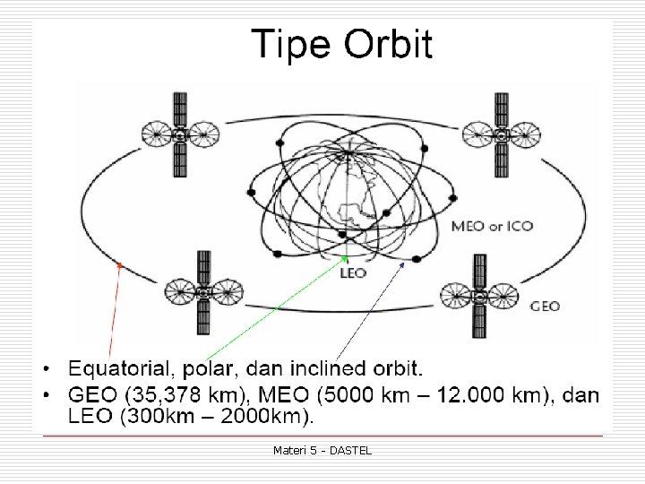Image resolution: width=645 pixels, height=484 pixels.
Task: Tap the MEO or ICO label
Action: [492, 226]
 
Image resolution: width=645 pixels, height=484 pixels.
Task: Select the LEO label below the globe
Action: [354, 272]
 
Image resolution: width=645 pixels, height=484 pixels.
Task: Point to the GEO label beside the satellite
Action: [545, 306]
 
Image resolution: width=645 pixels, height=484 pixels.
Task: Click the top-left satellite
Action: [180, 135]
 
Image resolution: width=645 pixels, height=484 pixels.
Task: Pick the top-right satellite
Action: [502, 135]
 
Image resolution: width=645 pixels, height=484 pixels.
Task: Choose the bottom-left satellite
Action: [203, 291]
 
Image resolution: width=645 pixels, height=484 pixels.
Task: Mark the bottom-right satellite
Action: [479, 295]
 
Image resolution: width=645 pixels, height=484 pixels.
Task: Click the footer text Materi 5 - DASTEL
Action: [322, 450]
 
